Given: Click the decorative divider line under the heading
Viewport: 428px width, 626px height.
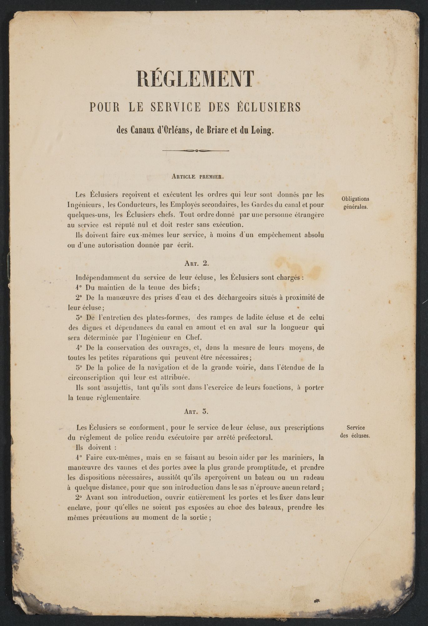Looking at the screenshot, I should click(196, 151).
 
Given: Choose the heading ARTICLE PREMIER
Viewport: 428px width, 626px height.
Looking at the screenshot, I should click(198, 176).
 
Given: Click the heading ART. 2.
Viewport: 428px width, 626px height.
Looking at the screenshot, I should click(196, 263).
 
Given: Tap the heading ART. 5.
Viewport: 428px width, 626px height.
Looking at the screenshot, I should click(196, 412).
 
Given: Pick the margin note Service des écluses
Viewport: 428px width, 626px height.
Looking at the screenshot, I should click(355, 432).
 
